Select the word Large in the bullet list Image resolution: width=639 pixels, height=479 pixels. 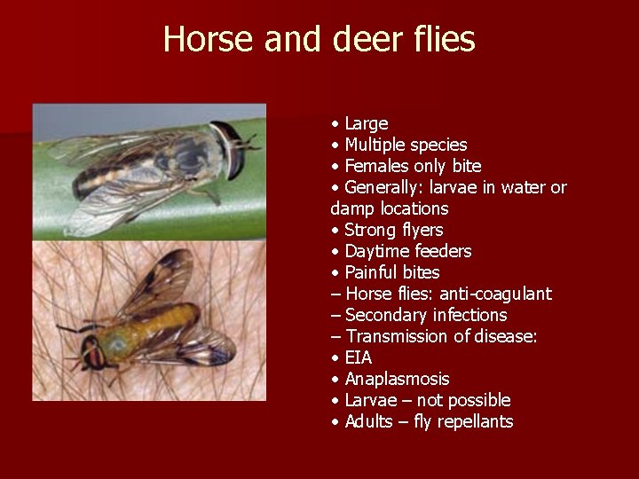tap(367, 123)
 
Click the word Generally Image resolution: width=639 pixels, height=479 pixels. tap(383, 187)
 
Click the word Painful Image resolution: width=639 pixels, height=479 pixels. tap(373, 272)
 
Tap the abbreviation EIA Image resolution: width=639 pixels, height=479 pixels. tap(359, 357)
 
